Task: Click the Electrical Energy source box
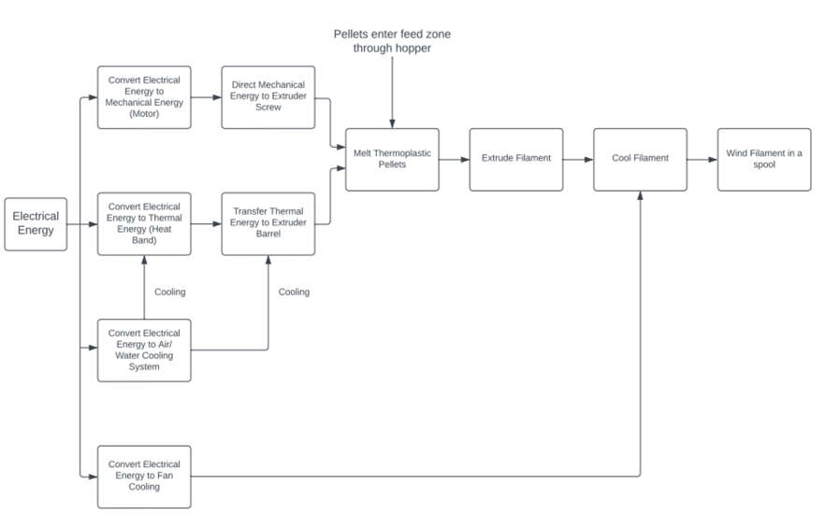tap(36, 223)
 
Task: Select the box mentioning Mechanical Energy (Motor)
tap(144, 97)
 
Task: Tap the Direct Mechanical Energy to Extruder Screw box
tap(268, 97)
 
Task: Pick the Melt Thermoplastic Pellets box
tap(392, 159)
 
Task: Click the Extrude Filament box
tap(516, 159)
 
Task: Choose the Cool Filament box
tap(640, 159)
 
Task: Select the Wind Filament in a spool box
tap(764, 159)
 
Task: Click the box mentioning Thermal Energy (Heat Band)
tap(144, 223)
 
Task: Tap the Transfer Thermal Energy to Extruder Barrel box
tap(268, 223)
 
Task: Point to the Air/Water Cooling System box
tap(144, 350)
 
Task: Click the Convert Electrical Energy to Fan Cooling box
tap(144, 477)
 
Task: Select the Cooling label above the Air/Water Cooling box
tap(169, 292)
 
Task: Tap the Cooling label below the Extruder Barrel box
tap(294, 292)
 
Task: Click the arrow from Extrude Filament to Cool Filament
tap(578, 159)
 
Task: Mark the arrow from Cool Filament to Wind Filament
tap(702, 159)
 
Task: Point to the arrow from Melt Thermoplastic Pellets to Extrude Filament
tap(454, 159)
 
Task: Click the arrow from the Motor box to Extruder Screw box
tap(206, 97)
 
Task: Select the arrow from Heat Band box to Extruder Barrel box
tap(206, 223)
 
